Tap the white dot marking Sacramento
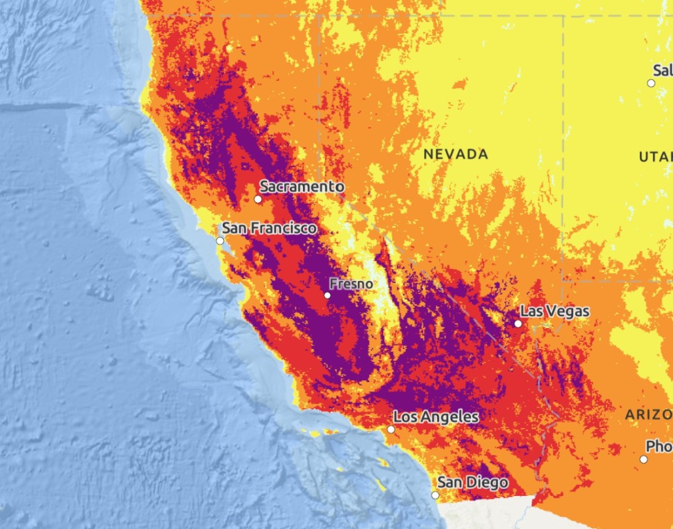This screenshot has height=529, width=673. click(258, 199)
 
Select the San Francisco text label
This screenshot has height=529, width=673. click(269, 228)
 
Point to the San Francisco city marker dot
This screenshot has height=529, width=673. click(220, 241)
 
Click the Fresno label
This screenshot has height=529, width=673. click(351, 283)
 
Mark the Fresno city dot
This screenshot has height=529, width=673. click(327, 295)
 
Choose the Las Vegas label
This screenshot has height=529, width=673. click(556, 311)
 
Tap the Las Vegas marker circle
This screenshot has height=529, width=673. click(518, 323)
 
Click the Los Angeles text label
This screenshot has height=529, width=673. click(436, 417)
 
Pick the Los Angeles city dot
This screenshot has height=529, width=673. click(391, 429)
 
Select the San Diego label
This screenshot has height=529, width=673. click(473, 482)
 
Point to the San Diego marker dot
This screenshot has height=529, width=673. click(435, 495)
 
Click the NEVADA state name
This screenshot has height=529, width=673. click(456, 154)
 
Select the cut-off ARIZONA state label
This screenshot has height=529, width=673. click(649, 415)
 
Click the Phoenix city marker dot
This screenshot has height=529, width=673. click(644, 459)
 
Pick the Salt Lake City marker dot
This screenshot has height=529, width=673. click(651, 83)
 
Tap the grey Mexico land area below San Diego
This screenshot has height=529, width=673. click(489, 513)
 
